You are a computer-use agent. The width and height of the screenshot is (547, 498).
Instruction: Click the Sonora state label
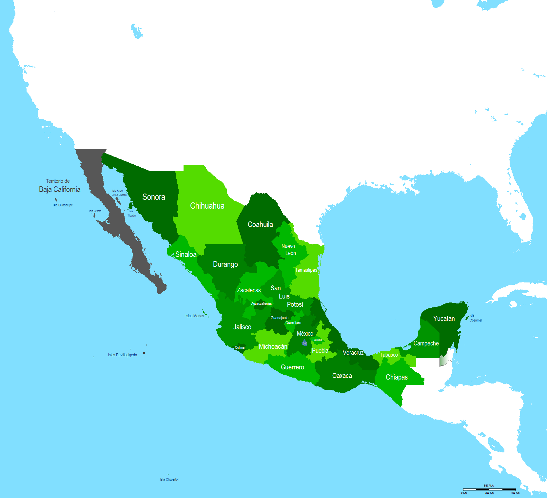pyautogui.click(x=154, y=197)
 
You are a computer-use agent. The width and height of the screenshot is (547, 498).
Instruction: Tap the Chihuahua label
pyautogui.click(x=207, y=206)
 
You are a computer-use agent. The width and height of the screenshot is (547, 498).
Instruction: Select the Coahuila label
pyautogui.click(x=260, y=224)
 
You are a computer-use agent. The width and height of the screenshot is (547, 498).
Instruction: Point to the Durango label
pyautogui.click(x=225, y=264)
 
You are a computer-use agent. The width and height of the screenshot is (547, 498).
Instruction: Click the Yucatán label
pyautogui.click(x=444, y=319)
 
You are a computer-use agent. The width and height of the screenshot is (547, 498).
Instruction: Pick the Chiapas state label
pyautogui.click(x=397, y=377)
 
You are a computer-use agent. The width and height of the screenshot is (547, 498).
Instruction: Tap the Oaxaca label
pyautogui.click(x=342, y=376)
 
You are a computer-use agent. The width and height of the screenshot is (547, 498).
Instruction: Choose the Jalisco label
pyautogui.click(x=242, y=327)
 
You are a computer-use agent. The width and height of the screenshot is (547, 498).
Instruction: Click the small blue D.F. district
pyautogui.click(x=304, y=343)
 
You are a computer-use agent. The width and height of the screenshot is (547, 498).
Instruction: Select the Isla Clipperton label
pyautogui.click(x=169, y=479)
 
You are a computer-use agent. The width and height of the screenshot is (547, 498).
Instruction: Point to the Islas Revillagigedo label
pyautogui.click(x=123, y=355)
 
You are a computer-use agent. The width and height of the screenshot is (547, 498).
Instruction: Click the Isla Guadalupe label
pyautogui.click(x=63, y=205)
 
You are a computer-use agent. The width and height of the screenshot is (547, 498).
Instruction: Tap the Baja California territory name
pyautogui.click(x=60, y=189)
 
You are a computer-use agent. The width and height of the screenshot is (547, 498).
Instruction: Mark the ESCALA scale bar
pyautogui.click(x=489, y=489)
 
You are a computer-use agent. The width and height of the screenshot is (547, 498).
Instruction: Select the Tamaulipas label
pyautogui.click(x=306, y=270)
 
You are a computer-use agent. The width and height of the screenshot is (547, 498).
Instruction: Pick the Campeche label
pyautogui.click(x=426, y=343)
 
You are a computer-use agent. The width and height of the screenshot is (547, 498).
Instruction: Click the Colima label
pyautogui.click(x=240, y=347)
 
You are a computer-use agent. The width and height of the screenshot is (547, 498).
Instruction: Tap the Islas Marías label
pyautogui.click(x=194, y=316)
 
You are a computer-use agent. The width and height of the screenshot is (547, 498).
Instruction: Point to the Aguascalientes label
pyautogui.click(x=261, y=303)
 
